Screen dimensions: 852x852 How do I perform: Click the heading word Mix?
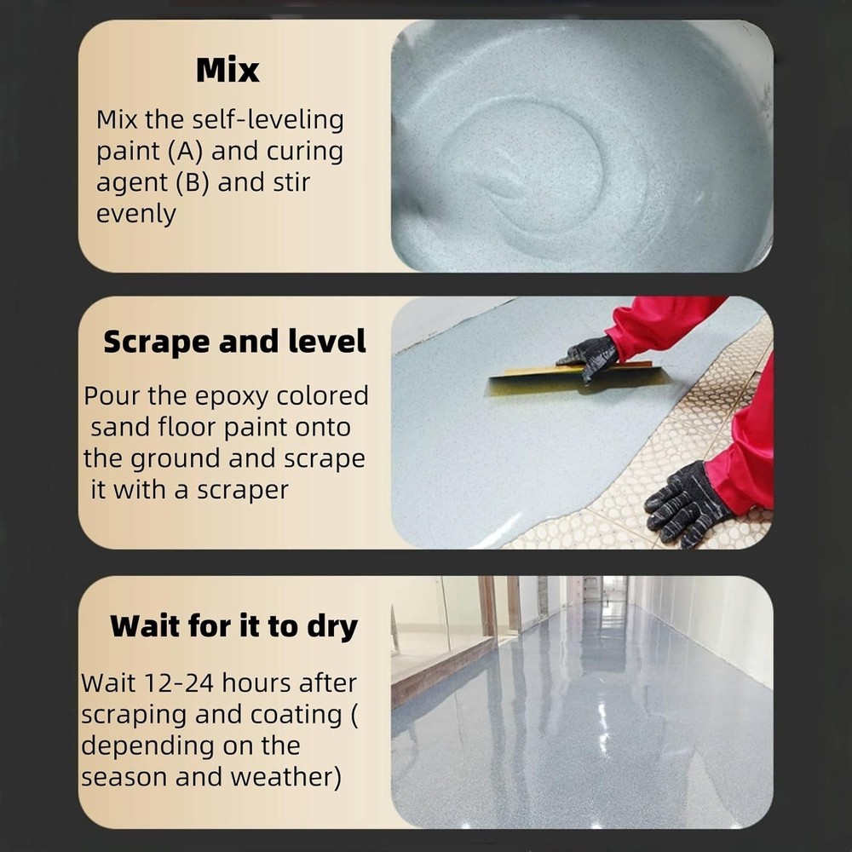tap(227, 71)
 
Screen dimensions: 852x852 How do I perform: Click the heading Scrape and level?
tap(234, 342)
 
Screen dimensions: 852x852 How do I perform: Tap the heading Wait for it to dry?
tap(233, 626)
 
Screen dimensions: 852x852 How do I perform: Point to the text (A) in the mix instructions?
tap(185, 152)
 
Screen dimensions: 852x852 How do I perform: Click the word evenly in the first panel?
tap(135, 214)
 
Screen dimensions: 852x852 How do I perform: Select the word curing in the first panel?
tap(304, 152)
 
